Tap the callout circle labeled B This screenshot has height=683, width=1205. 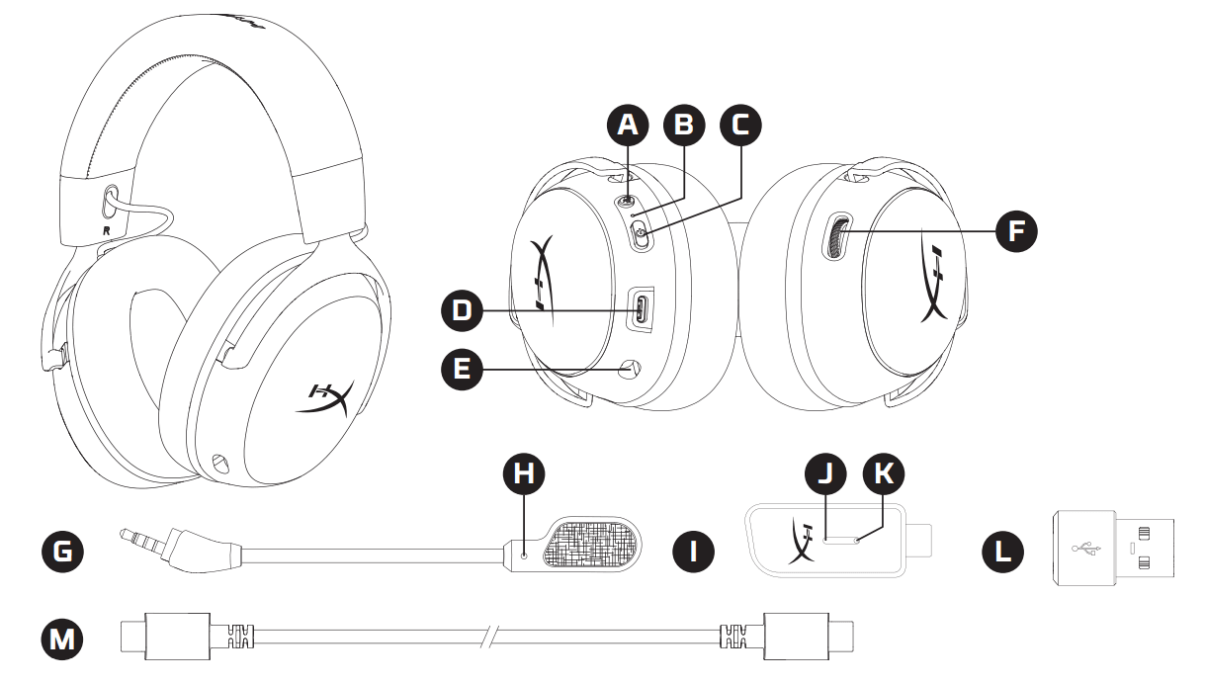[684, 125]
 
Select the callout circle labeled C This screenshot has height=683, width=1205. [740, 125]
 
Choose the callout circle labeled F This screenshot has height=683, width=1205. [1016, 231]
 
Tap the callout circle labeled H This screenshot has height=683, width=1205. [525, 473]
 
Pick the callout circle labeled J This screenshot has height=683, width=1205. [826, 473]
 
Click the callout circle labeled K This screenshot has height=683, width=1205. [883, 473]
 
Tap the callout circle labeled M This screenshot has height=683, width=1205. [62, 639]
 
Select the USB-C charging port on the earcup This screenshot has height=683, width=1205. [642, 309]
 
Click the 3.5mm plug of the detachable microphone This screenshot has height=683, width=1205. [148, 538]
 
